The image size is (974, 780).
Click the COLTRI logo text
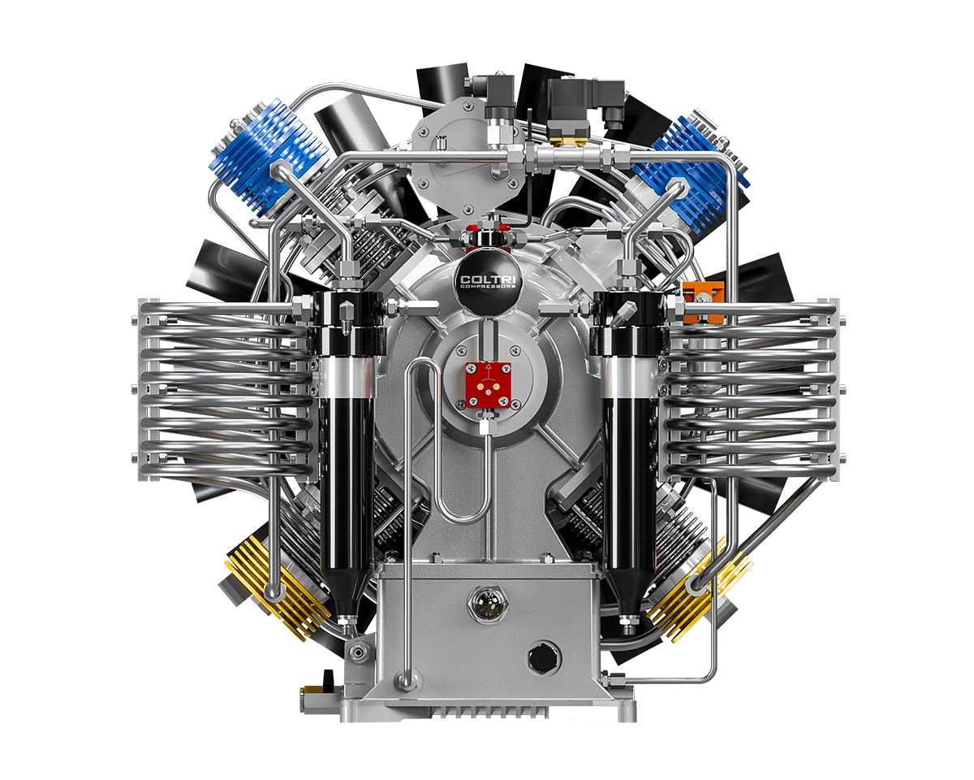[489, 279]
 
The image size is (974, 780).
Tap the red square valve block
[489, 385]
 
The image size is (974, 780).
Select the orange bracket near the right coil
[704, 301]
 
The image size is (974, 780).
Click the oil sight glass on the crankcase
[488, 604]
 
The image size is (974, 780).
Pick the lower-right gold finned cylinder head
[700, 591]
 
